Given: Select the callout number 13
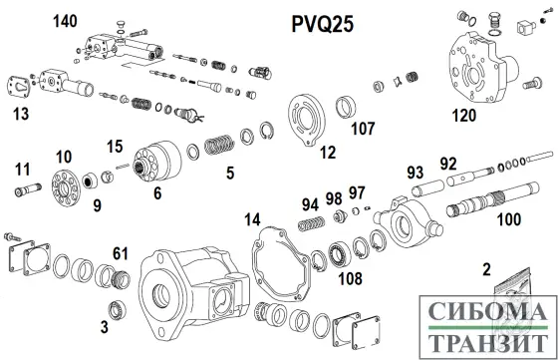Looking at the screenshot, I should point(20,116).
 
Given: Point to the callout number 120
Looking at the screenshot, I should point(435,116).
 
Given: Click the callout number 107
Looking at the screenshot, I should point(364,128).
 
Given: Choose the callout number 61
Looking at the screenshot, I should point(121,250).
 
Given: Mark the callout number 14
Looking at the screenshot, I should point(252,217).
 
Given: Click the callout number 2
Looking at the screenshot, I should point(486,268).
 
